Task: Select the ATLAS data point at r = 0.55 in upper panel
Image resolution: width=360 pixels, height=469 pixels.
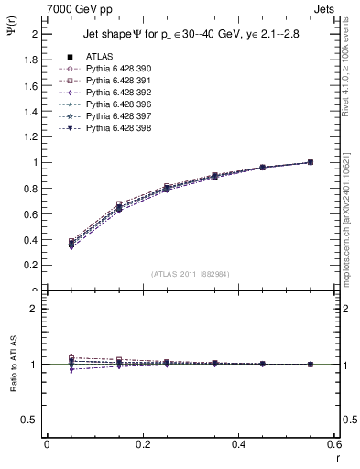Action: pos(311,162)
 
